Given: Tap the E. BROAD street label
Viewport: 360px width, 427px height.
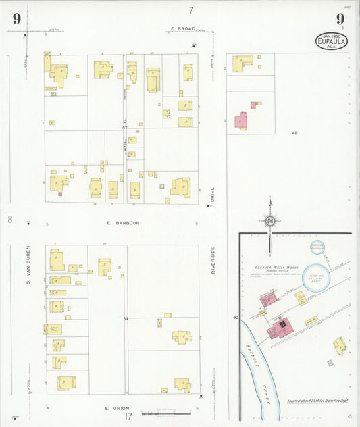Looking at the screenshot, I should pyautogui.click(x=183, y=28).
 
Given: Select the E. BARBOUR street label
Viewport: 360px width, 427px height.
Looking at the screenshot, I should pyautogui.click(x=122, y=222).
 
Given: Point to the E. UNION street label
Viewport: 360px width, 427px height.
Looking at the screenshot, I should pyautogui.click(x=117, y=408).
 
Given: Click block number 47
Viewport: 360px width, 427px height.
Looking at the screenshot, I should pyautogui.click(x=124, y=128).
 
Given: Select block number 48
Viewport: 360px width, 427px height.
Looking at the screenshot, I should pyautogui.click(x=294, y=133).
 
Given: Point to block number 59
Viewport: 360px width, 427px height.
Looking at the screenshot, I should pyautogui.click(x=125, y=318).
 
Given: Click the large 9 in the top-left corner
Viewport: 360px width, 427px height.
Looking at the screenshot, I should pyautogui.click(x=16, y=18).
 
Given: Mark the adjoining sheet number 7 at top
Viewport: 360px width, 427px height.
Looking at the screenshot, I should pyautogui.click(x=191, y=10).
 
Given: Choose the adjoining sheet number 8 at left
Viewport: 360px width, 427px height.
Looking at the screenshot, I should pyautogui.click(x=10, y=219).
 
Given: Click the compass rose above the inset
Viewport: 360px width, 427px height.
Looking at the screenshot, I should pyautogui.click(x=270, y=220).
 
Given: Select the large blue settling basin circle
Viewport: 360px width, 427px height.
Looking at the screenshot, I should pyautogui.click(x=315, y=277).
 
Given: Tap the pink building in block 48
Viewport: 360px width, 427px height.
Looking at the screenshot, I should pyautogui.click(x=241, y=122).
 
